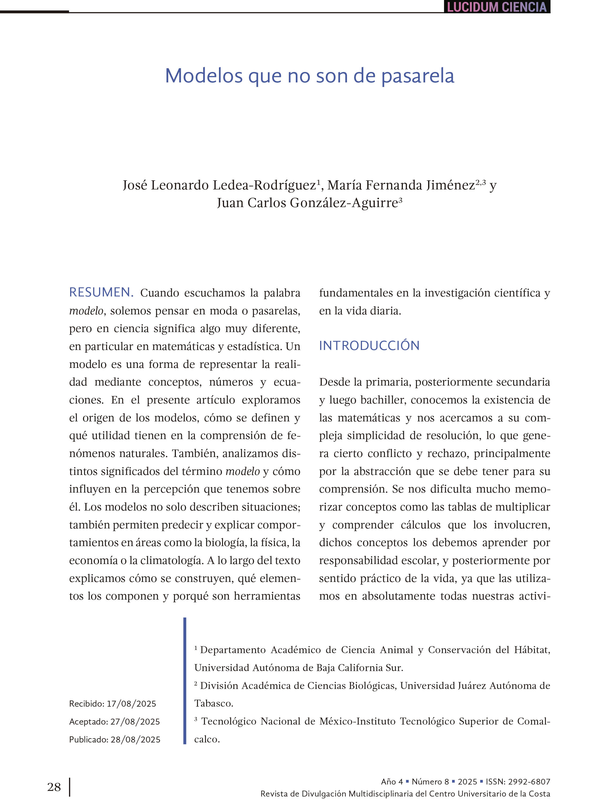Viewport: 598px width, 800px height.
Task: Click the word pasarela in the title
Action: point(418,76)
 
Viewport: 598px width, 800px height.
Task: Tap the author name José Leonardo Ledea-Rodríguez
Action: point(219,185)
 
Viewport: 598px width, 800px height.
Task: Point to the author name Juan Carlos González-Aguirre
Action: point(308,203)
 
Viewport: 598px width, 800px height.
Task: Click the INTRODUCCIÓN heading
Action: point(369,346)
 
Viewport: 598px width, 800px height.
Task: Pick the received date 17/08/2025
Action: point(131,703)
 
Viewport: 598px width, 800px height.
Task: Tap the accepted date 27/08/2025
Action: point(135,722)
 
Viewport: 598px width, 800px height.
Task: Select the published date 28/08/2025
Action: point(135,739)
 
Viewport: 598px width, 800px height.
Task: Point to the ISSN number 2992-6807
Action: point(529,781)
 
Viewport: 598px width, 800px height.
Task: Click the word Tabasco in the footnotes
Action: point(213,703)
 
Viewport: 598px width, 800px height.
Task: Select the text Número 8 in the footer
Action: point(430,781)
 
